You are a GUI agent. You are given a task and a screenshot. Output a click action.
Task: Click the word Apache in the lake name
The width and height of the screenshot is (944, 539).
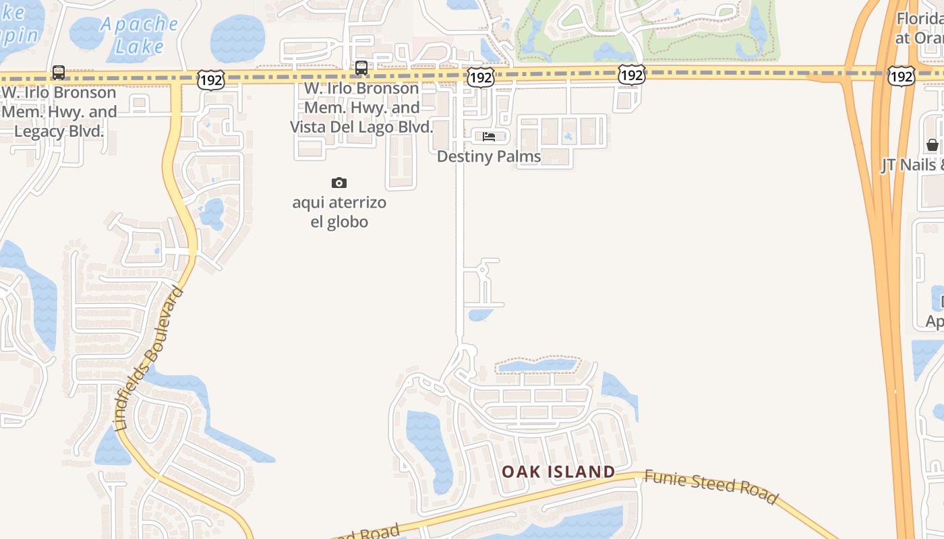139,24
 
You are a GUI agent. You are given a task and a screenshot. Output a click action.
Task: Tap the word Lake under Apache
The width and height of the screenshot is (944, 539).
139,46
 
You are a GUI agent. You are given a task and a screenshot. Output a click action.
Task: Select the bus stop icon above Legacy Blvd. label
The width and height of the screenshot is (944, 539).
59,72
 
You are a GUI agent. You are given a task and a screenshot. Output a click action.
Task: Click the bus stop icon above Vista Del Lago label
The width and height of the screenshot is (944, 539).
361,67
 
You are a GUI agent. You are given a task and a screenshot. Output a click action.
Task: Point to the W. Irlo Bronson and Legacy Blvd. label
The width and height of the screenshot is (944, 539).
59,111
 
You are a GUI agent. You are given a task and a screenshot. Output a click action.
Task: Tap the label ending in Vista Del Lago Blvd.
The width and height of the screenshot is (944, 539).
361,108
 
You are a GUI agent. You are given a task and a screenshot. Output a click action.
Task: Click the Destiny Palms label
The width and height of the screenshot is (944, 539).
489,156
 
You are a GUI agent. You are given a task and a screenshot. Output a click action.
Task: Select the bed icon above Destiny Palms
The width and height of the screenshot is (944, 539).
489,137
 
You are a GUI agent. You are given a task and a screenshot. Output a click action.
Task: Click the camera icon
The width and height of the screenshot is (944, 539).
339,183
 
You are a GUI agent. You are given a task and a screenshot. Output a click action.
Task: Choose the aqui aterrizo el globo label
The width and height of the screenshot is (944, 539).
339,212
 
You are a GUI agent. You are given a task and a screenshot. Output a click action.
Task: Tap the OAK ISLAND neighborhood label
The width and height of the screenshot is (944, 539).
558,472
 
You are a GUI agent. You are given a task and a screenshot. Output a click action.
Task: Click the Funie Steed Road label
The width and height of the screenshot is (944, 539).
711,486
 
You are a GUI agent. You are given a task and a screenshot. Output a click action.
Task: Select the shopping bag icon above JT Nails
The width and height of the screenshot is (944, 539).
933,145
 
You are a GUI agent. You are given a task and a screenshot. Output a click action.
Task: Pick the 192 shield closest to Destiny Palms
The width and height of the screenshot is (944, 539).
480,77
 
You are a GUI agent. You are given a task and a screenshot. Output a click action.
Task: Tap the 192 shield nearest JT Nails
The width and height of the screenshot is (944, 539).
901,76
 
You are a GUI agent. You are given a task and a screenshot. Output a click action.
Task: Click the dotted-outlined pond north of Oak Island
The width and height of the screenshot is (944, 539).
537,366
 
